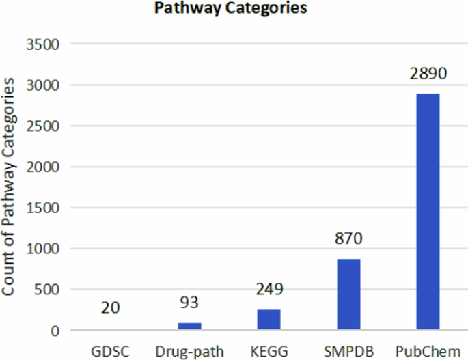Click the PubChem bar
[428, 212]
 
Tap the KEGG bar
[269, 320]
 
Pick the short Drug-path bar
[189, 327]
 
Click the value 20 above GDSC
[110, 308]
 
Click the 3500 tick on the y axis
[43, 45]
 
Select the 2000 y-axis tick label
[43, 167]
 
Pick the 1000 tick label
[43, 249]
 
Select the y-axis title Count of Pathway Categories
[10, 186]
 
